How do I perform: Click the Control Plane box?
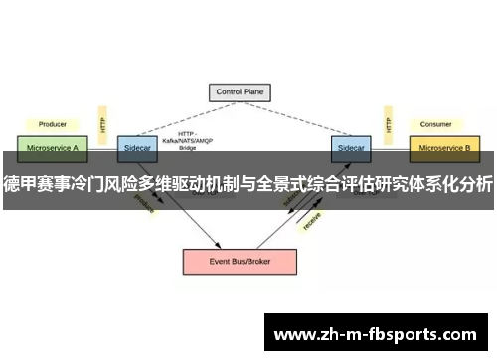tap(239, 92)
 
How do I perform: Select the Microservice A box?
tap(52, 148)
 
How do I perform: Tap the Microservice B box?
tap(444, 148)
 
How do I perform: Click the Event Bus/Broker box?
tap(239, 261)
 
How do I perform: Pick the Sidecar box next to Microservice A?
tap(136, 148)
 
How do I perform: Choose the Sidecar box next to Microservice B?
tap(351, 148)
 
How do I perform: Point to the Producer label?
tap(52, 125)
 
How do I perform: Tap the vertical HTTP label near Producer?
tap(102, 124)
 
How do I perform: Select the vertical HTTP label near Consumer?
tap(386, 124)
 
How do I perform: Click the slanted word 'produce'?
tap(144, 203)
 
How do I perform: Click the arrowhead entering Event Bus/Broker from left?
tap(217, 245)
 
